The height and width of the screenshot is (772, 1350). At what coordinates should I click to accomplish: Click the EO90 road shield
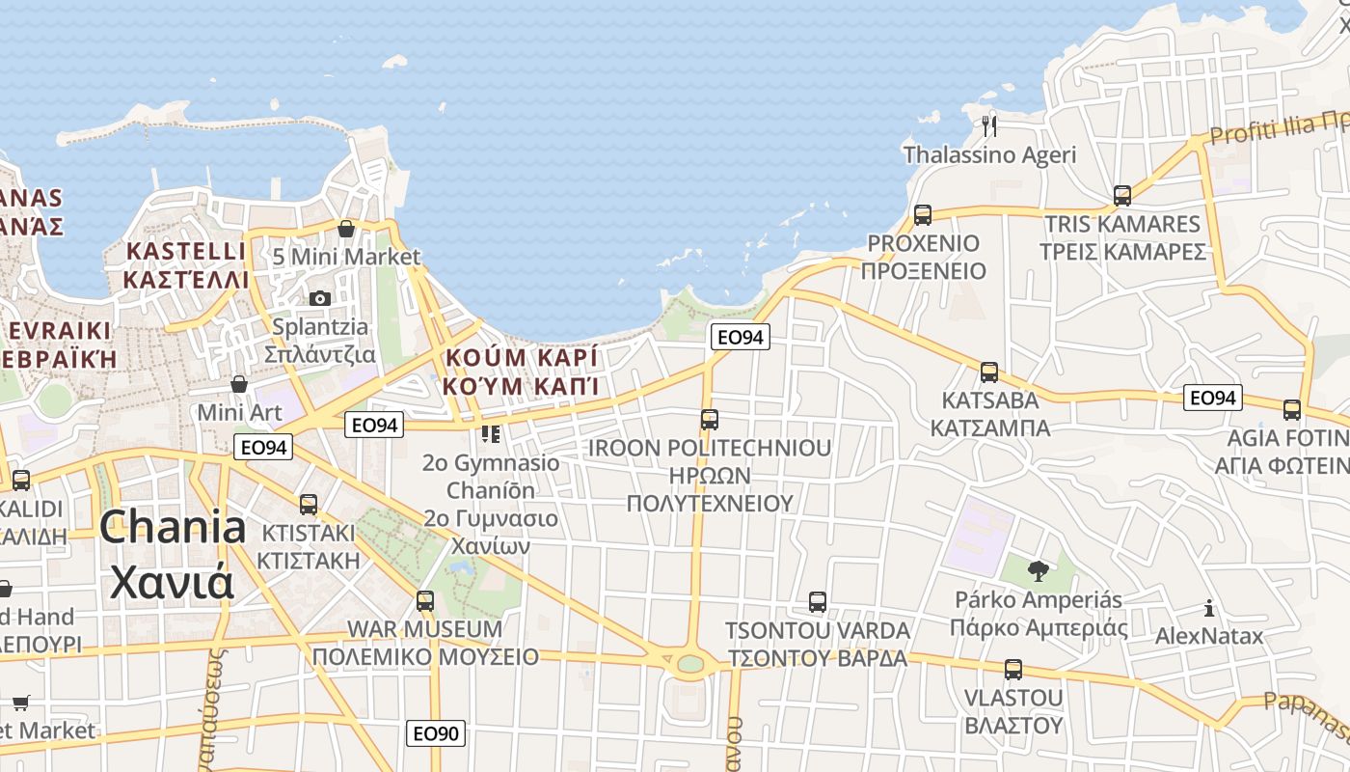pos(435,733)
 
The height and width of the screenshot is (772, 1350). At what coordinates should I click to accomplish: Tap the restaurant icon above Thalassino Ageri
pos(988,124)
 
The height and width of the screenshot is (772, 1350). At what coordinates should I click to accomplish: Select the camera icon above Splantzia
pos(320,298)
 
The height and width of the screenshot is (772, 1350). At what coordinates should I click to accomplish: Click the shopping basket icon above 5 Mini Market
pos(346,229)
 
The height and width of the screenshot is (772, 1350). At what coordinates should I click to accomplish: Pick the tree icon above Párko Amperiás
pos(1038,570)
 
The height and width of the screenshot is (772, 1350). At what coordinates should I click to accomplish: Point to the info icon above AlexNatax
pos(1208,608)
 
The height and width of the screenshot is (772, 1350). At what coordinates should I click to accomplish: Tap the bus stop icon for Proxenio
pos(923,214)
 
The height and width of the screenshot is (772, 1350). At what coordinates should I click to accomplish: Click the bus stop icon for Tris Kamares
pos(1122,195)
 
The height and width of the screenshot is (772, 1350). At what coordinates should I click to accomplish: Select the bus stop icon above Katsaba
pos(989,372)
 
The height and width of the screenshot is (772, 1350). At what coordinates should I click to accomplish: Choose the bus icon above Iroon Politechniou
pos(710,419)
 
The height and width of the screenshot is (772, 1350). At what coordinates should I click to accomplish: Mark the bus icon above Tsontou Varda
pos(818,602)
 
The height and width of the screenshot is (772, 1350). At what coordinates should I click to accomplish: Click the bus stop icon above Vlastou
pos(1012,669)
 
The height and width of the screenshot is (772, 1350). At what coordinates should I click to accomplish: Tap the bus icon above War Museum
pos(425,601)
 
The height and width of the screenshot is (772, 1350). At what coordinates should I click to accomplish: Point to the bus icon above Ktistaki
pos(309,504)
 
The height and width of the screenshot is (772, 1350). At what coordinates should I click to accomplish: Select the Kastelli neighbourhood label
pos(186,265)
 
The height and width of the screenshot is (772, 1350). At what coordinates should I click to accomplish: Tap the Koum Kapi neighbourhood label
pos(521,372)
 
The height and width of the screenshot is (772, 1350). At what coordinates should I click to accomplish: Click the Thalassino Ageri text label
pos(989,154)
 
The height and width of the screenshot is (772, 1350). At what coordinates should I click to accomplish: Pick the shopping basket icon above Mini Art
pos(239,384)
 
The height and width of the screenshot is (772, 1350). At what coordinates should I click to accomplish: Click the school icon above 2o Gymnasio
pos(491,434)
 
